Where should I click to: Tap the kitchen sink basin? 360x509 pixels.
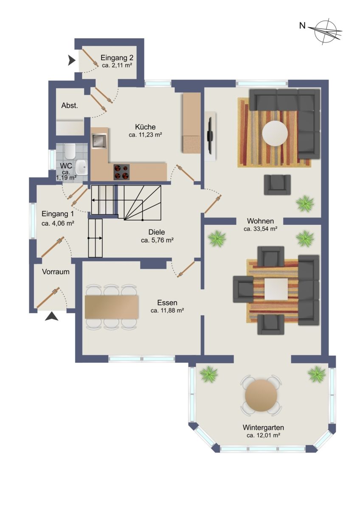[x=99, y=141]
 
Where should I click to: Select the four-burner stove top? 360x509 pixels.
[x=121, y=172]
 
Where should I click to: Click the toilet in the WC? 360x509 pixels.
[x=70, y=151]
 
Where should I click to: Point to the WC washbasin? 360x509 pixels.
[x=81, y=167]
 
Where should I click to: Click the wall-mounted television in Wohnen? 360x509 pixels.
[x=210, y=135]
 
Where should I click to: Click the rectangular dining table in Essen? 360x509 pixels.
[x=111, y=307]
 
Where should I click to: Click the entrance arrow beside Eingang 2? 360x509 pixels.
[x=72, y=61]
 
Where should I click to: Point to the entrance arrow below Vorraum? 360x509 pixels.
[x=51, y=316]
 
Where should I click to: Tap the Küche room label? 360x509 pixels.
[x=145, y=126]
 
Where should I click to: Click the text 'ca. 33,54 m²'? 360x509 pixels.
[x=260, y=229]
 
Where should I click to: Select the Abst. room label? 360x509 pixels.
[x=70, y=106]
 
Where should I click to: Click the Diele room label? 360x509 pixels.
[x=157, y=232]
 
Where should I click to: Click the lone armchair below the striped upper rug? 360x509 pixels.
[x=277, y=185]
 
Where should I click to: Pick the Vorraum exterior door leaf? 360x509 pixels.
[x=48, y=298]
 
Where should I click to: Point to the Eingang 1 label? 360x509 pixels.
[x=58, y=214]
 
